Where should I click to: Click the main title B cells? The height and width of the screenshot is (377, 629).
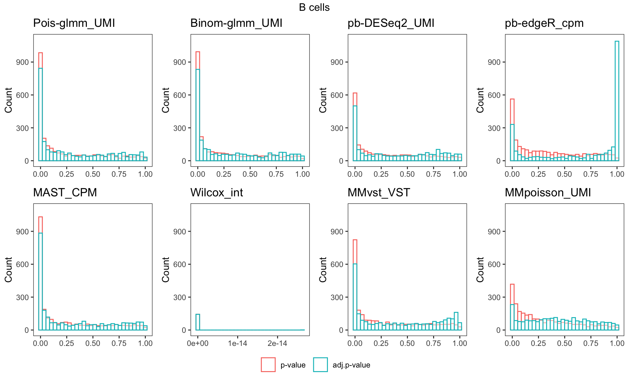click(x=314, y=8)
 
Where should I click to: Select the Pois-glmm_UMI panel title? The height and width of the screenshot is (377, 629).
click(x=74, y=23)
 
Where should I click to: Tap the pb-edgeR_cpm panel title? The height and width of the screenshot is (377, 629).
click(x=544, y=23)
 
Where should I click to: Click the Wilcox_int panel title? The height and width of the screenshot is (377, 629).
click(x=217, y=193)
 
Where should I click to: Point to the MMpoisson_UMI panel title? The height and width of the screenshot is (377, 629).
click(x=548, y=193)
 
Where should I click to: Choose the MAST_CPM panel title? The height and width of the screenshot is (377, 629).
click(x=65, y=193)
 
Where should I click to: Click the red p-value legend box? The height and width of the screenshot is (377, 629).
click(x=268, y=365)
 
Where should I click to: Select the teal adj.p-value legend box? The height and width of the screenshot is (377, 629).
click(x=320, y=365)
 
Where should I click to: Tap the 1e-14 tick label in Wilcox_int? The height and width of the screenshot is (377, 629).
click(x=238, y=343)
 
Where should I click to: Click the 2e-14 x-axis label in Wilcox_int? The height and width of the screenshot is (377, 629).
click(x=277, y=343)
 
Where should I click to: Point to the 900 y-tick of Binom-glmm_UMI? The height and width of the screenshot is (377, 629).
click(x=180, y=62)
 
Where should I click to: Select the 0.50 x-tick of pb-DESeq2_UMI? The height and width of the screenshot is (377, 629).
click(x=407, y=174)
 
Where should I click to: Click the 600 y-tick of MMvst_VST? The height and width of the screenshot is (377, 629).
click(x=337, y=264)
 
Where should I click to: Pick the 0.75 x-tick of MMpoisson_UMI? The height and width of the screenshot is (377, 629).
click(x=591, y=343)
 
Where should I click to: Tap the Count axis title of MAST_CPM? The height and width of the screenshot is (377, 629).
click(x=9, y=270)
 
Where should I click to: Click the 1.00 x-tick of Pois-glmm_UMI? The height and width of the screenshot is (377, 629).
click(x=145, y=174)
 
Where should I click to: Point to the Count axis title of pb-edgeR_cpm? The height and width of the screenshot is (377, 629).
click(x=480, y=100)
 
